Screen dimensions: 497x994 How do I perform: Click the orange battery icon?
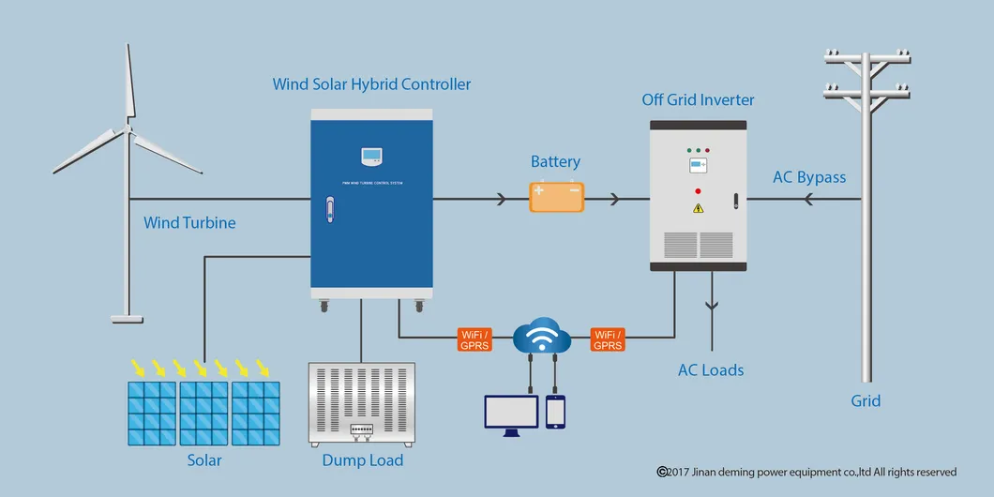click(x=557, y=197)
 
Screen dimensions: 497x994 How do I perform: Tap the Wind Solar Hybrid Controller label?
click(x=371, y=84)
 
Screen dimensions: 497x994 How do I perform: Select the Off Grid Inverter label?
click(x=698, y=99)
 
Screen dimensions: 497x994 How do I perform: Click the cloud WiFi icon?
click(x=543, y=335)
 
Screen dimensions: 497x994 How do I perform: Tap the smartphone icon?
click(x=556, y=411)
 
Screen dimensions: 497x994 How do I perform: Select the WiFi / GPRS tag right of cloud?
click(x=608, y=339)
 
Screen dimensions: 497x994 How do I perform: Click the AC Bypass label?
click(x=809, y=177)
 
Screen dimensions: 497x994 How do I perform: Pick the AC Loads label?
click(x=711, y=370)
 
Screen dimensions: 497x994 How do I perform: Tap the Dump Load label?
click(x=362, y=460)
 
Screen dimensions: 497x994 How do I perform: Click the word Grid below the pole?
click(x=866, y=400)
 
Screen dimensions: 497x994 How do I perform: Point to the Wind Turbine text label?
click(x=189, y=223)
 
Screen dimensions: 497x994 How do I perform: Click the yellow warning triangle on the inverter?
click(x=698, y=208)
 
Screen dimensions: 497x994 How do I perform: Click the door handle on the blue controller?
click(x=329, y=210)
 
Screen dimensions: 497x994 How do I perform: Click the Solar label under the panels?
click(x=204, y=460)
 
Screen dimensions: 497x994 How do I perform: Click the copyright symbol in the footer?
click(x=662, y=472)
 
